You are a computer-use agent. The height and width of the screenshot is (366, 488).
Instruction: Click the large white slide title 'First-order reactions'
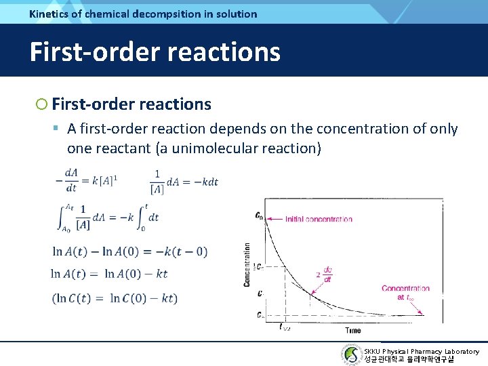coord(155,52)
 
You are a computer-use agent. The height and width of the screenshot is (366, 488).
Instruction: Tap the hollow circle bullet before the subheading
coord(42,104)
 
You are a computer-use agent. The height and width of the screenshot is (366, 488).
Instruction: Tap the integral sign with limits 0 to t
coord(136,217)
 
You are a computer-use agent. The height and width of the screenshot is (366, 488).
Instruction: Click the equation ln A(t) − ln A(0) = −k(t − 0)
coord(130,252)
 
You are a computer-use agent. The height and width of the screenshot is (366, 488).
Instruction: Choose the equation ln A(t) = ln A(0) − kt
coord(109,274)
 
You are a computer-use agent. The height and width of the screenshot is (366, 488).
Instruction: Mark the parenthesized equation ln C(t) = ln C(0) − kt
coord(115,298)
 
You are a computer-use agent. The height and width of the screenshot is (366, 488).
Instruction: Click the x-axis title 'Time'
coord(352,330)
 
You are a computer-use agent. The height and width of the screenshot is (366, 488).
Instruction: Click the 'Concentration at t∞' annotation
coord(405,292)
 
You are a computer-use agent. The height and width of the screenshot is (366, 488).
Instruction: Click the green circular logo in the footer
coord(351,354)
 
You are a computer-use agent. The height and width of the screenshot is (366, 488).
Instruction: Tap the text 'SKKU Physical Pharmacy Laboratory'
coord(421,351)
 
